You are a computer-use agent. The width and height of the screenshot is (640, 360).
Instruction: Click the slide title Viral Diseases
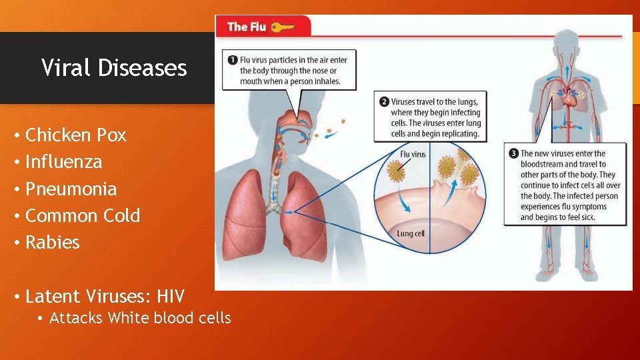[114, 68]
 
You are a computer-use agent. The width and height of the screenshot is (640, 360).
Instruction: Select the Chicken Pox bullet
[75, 135]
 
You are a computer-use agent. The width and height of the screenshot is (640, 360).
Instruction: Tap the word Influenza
[64, 162]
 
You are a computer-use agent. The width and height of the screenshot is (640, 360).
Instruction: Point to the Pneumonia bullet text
[71, 189]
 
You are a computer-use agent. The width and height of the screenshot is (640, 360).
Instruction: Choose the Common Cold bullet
[83, 216]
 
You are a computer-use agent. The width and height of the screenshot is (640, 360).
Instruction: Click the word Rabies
[52, 243]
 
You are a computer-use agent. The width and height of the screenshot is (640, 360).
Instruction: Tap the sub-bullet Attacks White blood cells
[140, 318]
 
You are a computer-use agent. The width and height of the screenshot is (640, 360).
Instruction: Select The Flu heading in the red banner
[247, 27]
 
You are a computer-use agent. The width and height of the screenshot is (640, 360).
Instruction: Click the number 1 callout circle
[233, 60]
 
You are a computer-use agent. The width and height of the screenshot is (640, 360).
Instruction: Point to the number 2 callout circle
[384, 102]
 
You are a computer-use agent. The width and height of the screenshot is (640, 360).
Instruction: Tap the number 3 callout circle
[513, 154]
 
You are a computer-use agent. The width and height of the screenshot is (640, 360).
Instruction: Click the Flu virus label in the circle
[413, 155]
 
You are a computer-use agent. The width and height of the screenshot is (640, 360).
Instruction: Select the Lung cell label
[410, 234]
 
